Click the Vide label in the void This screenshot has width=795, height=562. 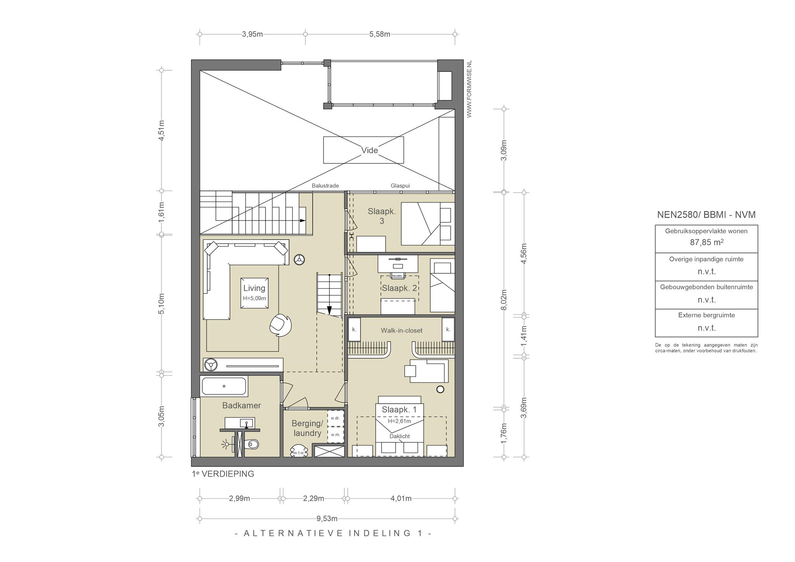tap(369, 150)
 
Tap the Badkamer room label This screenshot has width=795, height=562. tap(241, 405)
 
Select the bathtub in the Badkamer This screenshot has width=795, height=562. tap(224, 386)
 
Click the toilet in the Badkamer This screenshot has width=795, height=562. tap(252, 443)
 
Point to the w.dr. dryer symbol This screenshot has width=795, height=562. tap(335, 418)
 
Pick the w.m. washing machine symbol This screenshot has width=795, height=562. tap(335, 435)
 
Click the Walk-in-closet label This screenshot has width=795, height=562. tap(401, 330)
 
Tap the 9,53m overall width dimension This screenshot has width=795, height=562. tap(327, 519)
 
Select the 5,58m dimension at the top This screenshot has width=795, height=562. tap(380, 34)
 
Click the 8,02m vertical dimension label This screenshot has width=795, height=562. tap(504, 300)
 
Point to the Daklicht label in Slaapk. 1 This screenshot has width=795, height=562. tap(399, 436)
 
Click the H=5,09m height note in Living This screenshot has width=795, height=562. tap(254, 298)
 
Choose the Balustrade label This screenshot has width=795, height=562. tap(325, 186)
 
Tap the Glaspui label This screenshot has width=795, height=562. tap(400, 186)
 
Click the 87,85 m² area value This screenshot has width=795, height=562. tap(706, 242)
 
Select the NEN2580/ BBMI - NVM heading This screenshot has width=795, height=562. tap(706, 215)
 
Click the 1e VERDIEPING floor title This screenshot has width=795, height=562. tap(223, 474)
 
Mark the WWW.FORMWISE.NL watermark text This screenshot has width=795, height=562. tap(469, 89)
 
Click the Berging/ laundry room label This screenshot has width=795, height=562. tap(307, 428)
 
